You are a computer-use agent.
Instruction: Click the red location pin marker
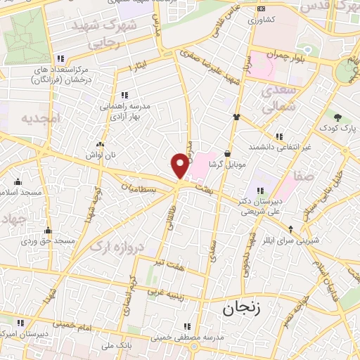[181, 165]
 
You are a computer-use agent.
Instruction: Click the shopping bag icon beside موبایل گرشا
[228, 153]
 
